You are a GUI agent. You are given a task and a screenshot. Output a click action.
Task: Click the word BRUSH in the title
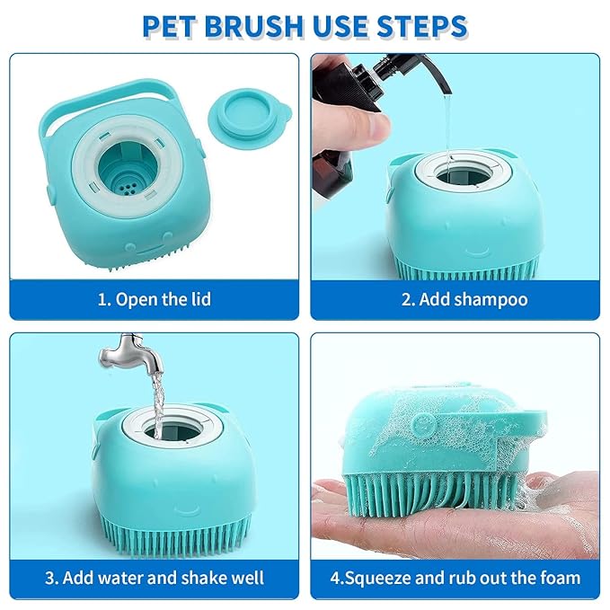(254, 26)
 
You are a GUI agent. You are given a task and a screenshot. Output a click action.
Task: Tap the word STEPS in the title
(421, 26)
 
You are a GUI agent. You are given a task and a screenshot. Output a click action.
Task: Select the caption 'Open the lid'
(164, 299)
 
